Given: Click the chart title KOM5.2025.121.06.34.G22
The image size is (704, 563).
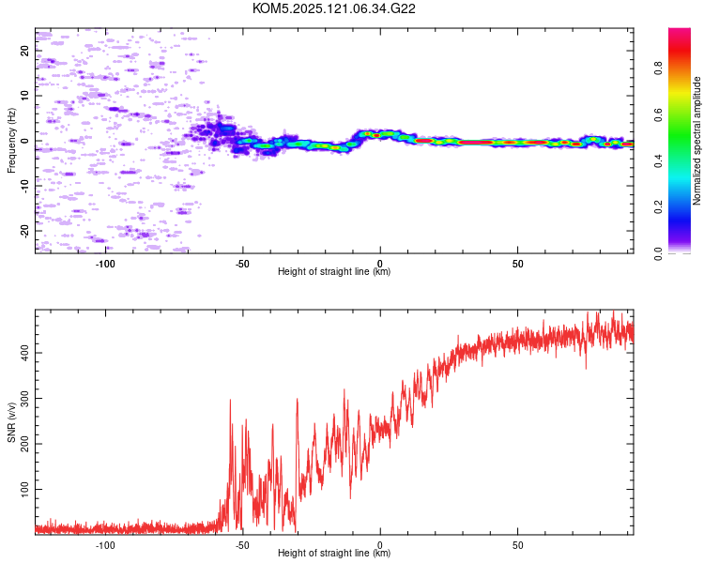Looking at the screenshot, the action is (333, 8).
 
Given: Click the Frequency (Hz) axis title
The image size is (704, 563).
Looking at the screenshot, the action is (11, 141).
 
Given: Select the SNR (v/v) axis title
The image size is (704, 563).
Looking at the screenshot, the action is (11, 422).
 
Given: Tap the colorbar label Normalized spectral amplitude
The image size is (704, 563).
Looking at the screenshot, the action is (696, 141).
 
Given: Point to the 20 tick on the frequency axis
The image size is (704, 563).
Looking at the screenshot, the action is (24, 51).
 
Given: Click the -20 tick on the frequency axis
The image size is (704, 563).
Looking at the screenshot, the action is (24, 231).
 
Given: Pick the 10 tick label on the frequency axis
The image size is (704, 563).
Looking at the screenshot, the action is (24, 96).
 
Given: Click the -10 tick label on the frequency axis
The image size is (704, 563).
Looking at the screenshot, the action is (24, 186).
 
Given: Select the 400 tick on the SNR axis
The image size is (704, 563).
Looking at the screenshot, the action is (24, 353).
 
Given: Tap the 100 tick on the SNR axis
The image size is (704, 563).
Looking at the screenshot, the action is (24, 489).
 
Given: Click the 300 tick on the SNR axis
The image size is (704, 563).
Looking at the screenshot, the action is (24, 398).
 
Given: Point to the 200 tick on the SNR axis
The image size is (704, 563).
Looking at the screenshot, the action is (24, 444).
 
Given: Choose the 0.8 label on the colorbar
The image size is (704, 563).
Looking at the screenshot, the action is (658, 68).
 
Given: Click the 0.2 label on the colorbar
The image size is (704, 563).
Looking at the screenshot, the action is (658, 207).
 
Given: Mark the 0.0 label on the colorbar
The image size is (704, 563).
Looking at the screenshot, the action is (658, 253).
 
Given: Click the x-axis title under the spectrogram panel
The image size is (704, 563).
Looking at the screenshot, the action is (334, 271).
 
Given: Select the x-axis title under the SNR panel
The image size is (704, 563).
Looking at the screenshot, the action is (334, 553).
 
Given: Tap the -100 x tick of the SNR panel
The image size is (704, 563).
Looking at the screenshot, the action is (104, 545).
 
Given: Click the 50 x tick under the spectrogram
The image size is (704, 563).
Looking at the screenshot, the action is (517, 264).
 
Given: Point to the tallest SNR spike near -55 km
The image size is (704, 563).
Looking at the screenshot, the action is (230, 400).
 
